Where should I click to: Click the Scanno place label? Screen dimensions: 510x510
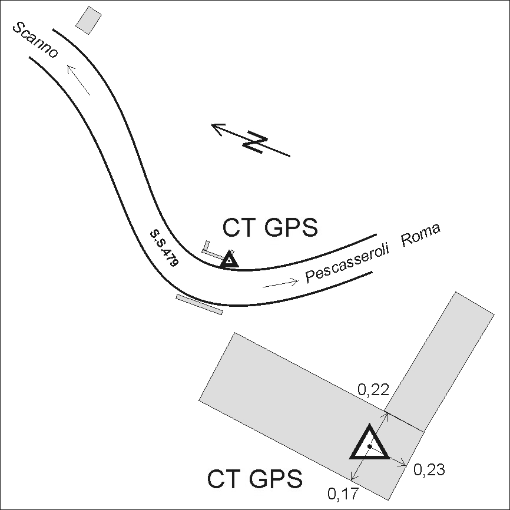pos(35,40)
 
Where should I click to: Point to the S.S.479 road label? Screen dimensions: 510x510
pos(164,249)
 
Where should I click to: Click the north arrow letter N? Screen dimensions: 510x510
pos(256,142)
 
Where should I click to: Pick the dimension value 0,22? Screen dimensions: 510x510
pos(373,389)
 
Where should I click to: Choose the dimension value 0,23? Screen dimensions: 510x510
pos(429,470)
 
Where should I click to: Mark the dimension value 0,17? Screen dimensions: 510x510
pos(343,494)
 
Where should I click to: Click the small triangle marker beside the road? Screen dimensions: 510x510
pos(230,260)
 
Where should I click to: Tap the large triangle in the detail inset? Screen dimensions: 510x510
pos(369,442)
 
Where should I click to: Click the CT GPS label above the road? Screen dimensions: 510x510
pos(270,228)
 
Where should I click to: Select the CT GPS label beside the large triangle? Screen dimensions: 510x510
pos(254,479)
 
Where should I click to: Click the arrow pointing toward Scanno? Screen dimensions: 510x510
pos(78,80)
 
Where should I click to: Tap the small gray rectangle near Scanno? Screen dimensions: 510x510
pos(88,20)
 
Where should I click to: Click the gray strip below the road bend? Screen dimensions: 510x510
pos(200,304)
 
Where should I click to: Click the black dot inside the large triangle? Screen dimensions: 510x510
pos(369,446)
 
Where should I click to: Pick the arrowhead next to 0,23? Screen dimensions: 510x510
pos(403,464)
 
